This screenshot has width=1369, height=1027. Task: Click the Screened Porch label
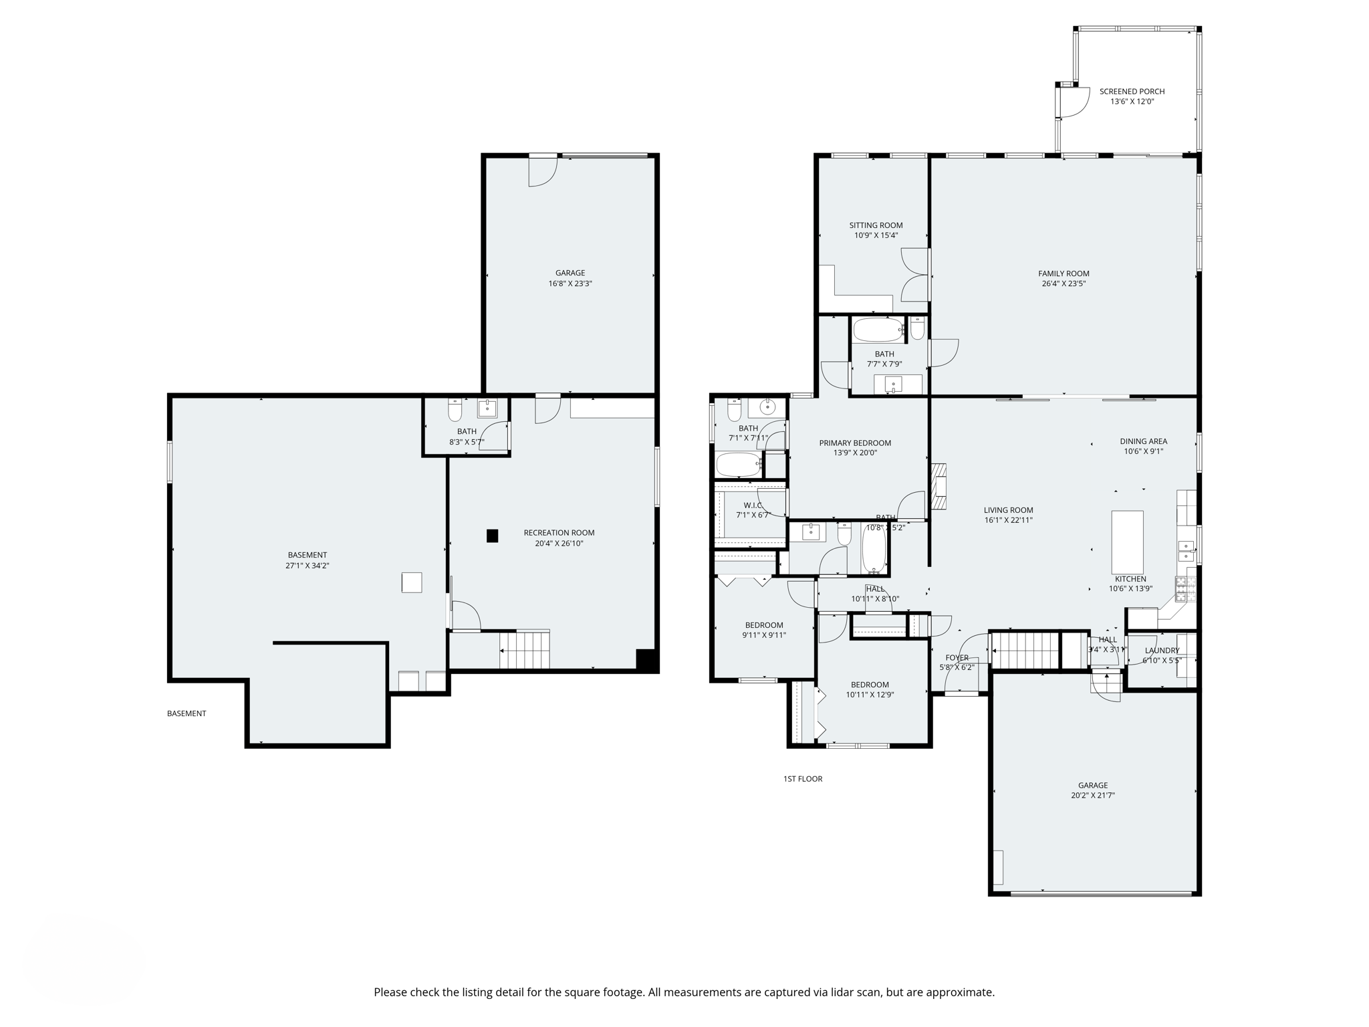[1132, 92]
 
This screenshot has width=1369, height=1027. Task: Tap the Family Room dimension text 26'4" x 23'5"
[1064, 283]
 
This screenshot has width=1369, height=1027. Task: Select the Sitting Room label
[876, 225]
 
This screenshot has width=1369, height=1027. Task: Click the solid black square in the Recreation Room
[492, 536]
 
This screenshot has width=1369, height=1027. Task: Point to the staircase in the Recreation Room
[525, 649]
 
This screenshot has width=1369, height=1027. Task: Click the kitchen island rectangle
[1127, 541]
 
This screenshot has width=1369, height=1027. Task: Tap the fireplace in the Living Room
[940, 487]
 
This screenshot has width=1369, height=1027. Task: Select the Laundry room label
[1162, 651]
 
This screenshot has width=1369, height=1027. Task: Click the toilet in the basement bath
[455, 410]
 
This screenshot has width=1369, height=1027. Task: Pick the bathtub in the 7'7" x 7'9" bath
[878, 330]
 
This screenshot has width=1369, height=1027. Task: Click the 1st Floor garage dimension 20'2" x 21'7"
[1092, 796]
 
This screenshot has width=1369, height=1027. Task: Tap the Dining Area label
[1143, 441]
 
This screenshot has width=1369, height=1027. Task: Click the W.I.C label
[753, 505]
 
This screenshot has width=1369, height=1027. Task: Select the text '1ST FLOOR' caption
[803, 779]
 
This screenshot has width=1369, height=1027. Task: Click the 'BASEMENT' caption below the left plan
[186, 713]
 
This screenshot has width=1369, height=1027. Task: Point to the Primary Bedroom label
[855, 443]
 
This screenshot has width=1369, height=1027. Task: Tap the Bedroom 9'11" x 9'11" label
[764, 625]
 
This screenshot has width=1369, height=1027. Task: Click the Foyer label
[957, 658]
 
